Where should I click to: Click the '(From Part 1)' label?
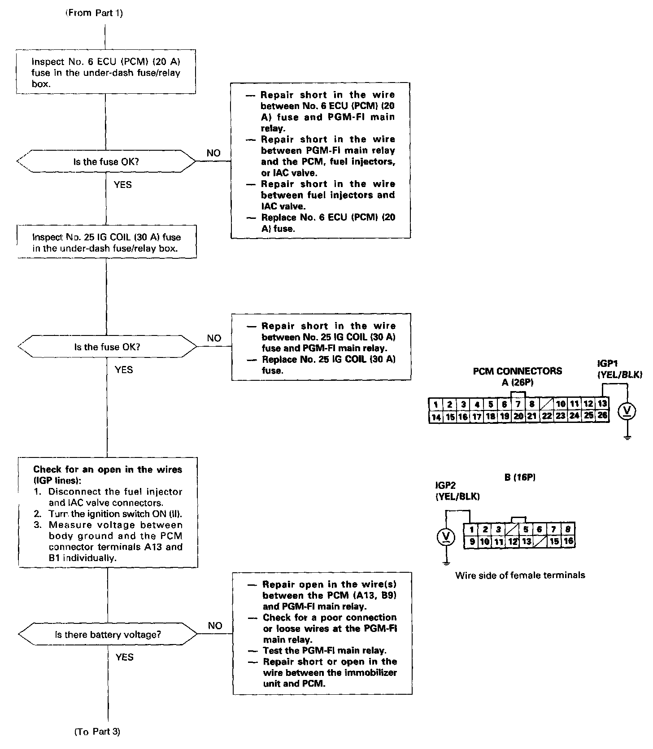click(94, 13)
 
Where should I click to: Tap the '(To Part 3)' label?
click(97, 732)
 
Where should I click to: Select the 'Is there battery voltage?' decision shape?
click(108, 635)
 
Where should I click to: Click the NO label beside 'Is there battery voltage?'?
click(215, 626)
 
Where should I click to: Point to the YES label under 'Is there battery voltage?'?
click(124, 657)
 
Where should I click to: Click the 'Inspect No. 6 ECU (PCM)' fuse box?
click(106, 72)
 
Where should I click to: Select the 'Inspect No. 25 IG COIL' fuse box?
click(107, 242)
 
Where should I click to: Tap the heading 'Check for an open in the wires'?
click(108, 470)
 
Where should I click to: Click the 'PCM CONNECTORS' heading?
click(518, 371)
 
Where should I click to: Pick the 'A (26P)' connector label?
click(518, 382)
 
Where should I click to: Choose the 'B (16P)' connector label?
click(520, 478)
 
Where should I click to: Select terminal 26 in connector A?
click(602, 416)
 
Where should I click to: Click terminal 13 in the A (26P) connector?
click(602, 404)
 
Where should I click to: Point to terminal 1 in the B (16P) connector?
click(471, 529)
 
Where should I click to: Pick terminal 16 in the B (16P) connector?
click(568, 541)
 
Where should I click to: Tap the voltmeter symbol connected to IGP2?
click(446, 537)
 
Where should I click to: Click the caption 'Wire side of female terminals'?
click(520, 575)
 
